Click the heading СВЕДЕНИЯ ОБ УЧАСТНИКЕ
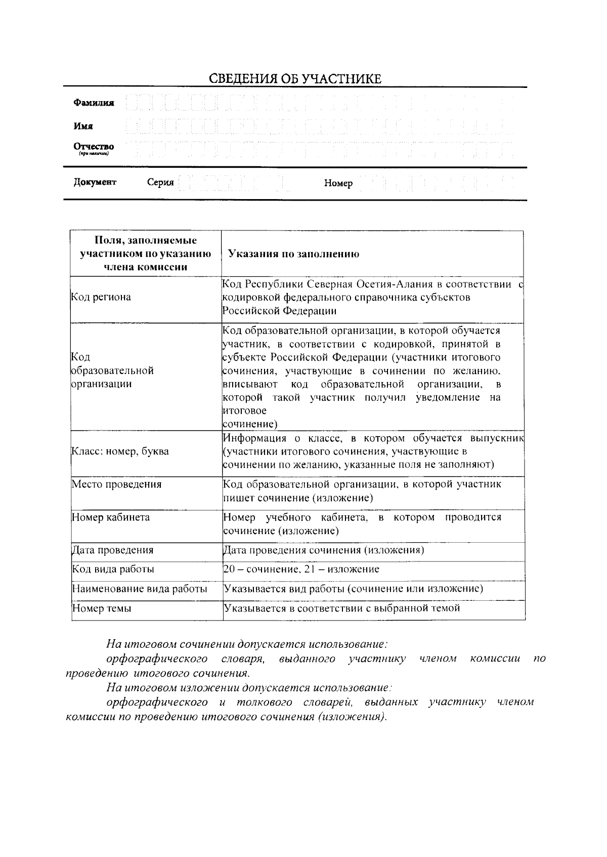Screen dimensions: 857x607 (295, 79)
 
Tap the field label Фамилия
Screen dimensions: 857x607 (94, 103)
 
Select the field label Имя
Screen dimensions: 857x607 (83, 126)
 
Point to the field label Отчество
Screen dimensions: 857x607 (94, 147)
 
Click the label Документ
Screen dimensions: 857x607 (95, 182)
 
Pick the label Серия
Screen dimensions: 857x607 (160, 182)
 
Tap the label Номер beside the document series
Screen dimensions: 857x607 (338, 183)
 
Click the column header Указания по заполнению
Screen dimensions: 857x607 (293, 254)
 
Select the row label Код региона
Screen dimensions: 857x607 (101, 297)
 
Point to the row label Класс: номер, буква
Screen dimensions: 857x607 (120, 451)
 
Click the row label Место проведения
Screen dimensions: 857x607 (116, 485)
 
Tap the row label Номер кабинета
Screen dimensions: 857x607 (111, 517)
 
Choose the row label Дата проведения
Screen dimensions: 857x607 (112, 550)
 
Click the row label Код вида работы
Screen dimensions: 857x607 (113, 569)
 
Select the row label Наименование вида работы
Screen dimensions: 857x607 (140, 589)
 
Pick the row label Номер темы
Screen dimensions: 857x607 (102, 608)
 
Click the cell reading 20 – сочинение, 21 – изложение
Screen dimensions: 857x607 (301, 569)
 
